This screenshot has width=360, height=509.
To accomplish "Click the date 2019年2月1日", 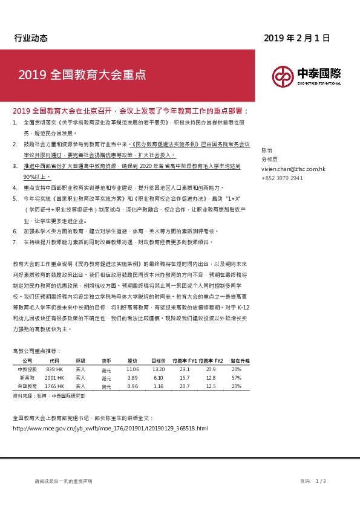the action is pos(296,37).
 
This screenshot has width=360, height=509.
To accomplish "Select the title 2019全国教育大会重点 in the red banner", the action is pos(82,76).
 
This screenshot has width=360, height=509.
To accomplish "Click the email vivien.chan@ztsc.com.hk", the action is pos(293,170).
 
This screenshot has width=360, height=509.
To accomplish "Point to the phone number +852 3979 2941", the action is pos(282,179).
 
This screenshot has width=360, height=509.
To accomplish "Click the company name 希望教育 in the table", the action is pos(28,386).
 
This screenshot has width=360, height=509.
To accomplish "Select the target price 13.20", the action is pos(158,369).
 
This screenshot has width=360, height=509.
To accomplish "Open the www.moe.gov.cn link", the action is pos(110,428).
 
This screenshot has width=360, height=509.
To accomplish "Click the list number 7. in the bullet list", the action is pos(15,242).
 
